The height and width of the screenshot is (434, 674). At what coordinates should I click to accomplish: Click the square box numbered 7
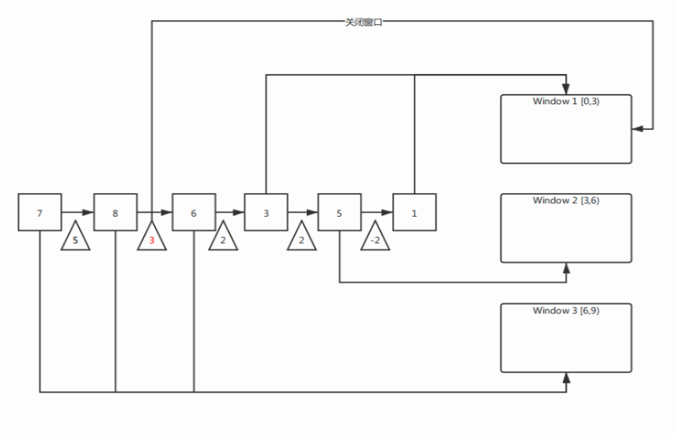40,213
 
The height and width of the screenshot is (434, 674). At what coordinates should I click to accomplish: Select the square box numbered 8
115,213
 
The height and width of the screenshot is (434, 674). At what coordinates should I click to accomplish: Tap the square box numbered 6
194,213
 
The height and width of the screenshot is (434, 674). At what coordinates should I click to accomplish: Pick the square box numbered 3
266,213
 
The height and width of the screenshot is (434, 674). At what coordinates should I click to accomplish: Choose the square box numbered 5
339,213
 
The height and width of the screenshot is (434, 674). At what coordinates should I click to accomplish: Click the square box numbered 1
414,213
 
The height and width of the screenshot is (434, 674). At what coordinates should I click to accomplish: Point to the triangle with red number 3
152,238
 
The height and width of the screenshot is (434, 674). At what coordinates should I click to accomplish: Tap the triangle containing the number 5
75,238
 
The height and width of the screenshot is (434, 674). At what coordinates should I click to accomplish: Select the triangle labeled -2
375,238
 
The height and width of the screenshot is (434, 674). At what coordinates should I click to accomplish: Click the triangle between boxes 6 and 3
222,238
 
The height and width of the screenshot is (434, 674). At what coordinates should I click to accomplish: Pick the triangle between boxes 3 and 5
302,238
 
